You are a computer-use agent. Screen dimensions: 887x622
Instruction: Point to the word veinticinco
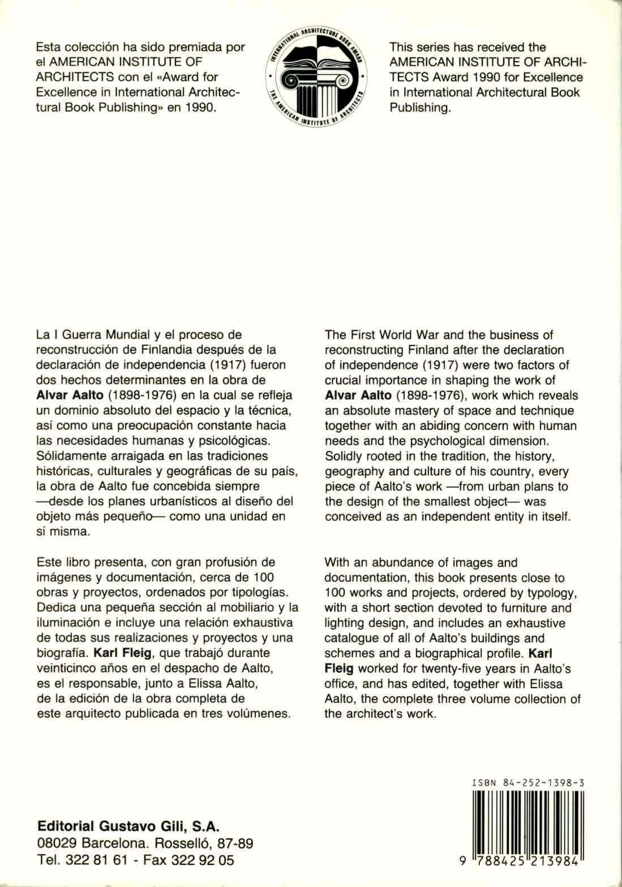point(66,667)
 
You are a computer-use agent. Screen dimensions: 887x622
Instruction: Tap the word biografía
point(59,651)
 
